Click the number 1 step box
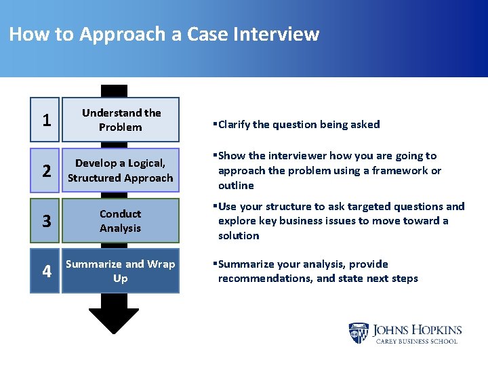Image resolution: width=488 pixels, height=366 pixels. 45,120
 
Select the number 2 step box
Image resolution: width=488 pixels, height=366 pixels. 45,171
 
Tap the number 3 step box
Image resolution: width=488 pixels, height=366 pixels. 45,221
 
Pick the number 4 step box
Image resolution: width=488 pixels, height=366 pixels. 45,271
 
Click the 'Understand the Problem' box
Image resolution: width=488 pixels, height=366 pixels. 121,120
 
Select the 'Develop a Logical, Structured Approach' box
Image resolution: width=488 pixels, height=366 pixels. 121,171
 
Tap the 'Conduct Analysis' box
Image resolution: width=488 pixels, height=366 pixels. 121,221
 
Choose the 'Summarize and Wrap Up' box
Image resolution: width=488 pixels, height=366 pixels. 121,271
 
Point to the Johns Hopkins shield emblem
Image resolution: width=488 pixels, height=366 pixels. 359,333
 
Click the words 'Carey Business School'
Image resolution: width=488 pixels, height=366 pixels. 417,341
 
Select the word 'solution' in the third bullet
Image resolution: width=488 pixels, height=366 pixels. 239,236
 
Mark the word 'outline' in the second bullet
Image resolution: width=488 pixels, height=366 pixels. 236,186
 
